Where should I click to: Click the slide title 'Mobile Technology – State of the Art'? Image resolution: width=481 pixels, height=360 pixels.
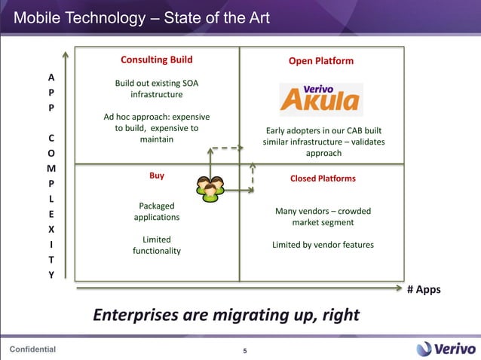tap(142, 17)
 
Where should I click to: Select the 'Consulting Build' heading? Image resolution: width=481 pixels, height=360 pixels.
tap(157, 59)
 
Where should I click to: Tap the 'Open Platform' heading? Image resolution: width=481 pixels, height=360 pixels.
tap(321, 61)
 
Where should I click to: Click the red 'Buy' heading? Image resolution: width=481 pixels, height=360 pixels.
tap(157, 175)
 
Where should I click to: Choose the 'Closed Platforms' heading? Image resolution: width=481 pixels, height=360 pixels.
tap(323, 178)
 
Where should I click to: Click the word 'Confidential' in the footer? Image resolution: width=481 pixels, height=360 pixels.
tap(32, 349)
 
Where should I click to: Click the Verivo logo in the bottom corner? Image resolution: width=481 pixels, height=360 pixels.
tap(445, 348)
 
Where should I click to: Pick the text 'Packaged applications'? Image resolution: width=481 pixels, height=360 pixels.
tap(157, 211)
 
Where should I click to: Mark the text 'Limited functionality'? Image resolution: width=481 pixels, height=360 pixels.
tap(157, 245)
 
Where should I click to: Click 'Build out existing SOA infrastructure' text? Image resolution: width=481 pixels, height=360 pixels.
tap(157, 89)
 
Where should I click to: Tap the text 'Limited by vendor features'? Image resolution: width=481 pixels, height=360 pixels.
tap(323, 245)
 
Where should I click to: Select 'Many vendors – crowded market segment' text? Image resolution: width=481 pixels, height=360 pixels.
tap(323, 217)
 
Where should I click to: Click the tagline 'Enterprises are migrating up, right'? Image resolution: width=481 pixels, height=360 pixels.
tap(226, 314)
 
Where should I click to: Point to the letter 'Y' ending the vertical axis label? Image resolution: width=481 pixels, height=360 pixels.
tap(51, 275)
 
